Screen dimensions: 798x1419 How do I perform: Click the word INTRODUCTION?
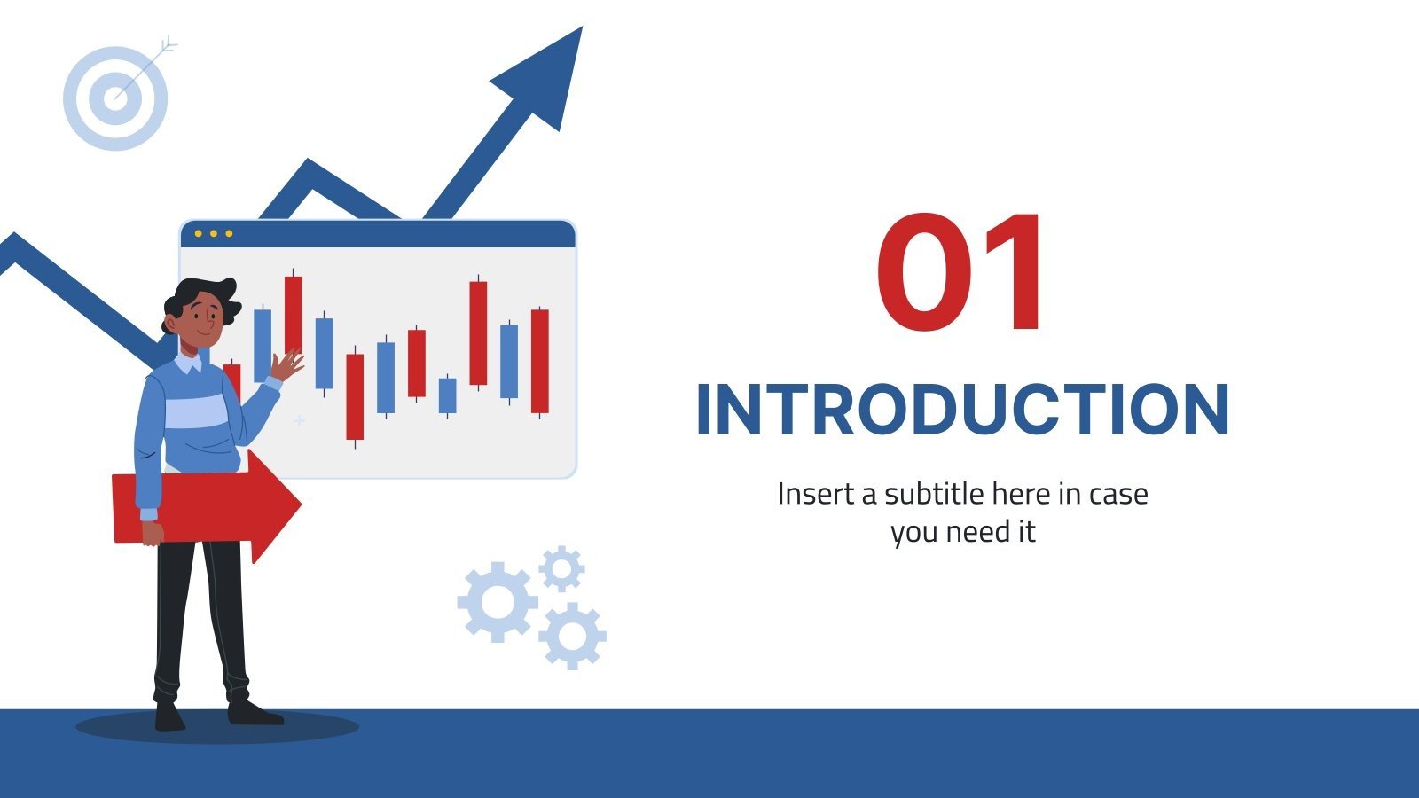tap(962, 410)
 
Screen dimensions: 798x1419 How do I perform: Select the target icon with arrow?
tap(115, 97)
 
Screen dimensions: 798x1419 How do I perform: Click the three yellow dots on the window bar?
tap(213, 234)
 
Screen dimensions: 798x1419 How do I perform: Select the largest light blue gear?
tap(496, 601)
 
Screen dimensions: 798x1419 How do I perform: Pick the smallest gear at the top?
tap(561, 568)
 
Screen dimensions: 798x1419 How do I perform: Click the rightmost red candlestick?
tap(539, 361)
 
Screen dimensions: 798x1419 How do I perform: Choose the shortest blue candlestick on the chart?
tap(448, 395)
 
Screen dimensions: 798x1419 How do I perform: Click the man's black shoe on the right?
tap(253, 712)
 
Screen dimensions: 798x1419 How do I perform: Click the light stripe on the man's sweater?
tap(195, 413)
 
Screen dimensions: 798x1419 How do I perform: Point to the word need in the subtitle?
tap(979, 532)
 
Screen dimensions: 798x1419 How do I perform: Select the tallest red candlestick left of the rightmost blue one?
tap(478, 332)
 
